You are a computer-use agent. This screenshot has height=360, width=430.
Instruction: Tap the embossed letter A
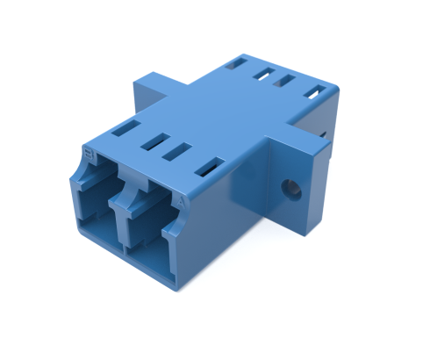(x=181, y=200)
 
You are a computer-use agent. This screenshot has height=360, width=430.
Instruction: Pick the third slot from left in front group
(x=180, y=149)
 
